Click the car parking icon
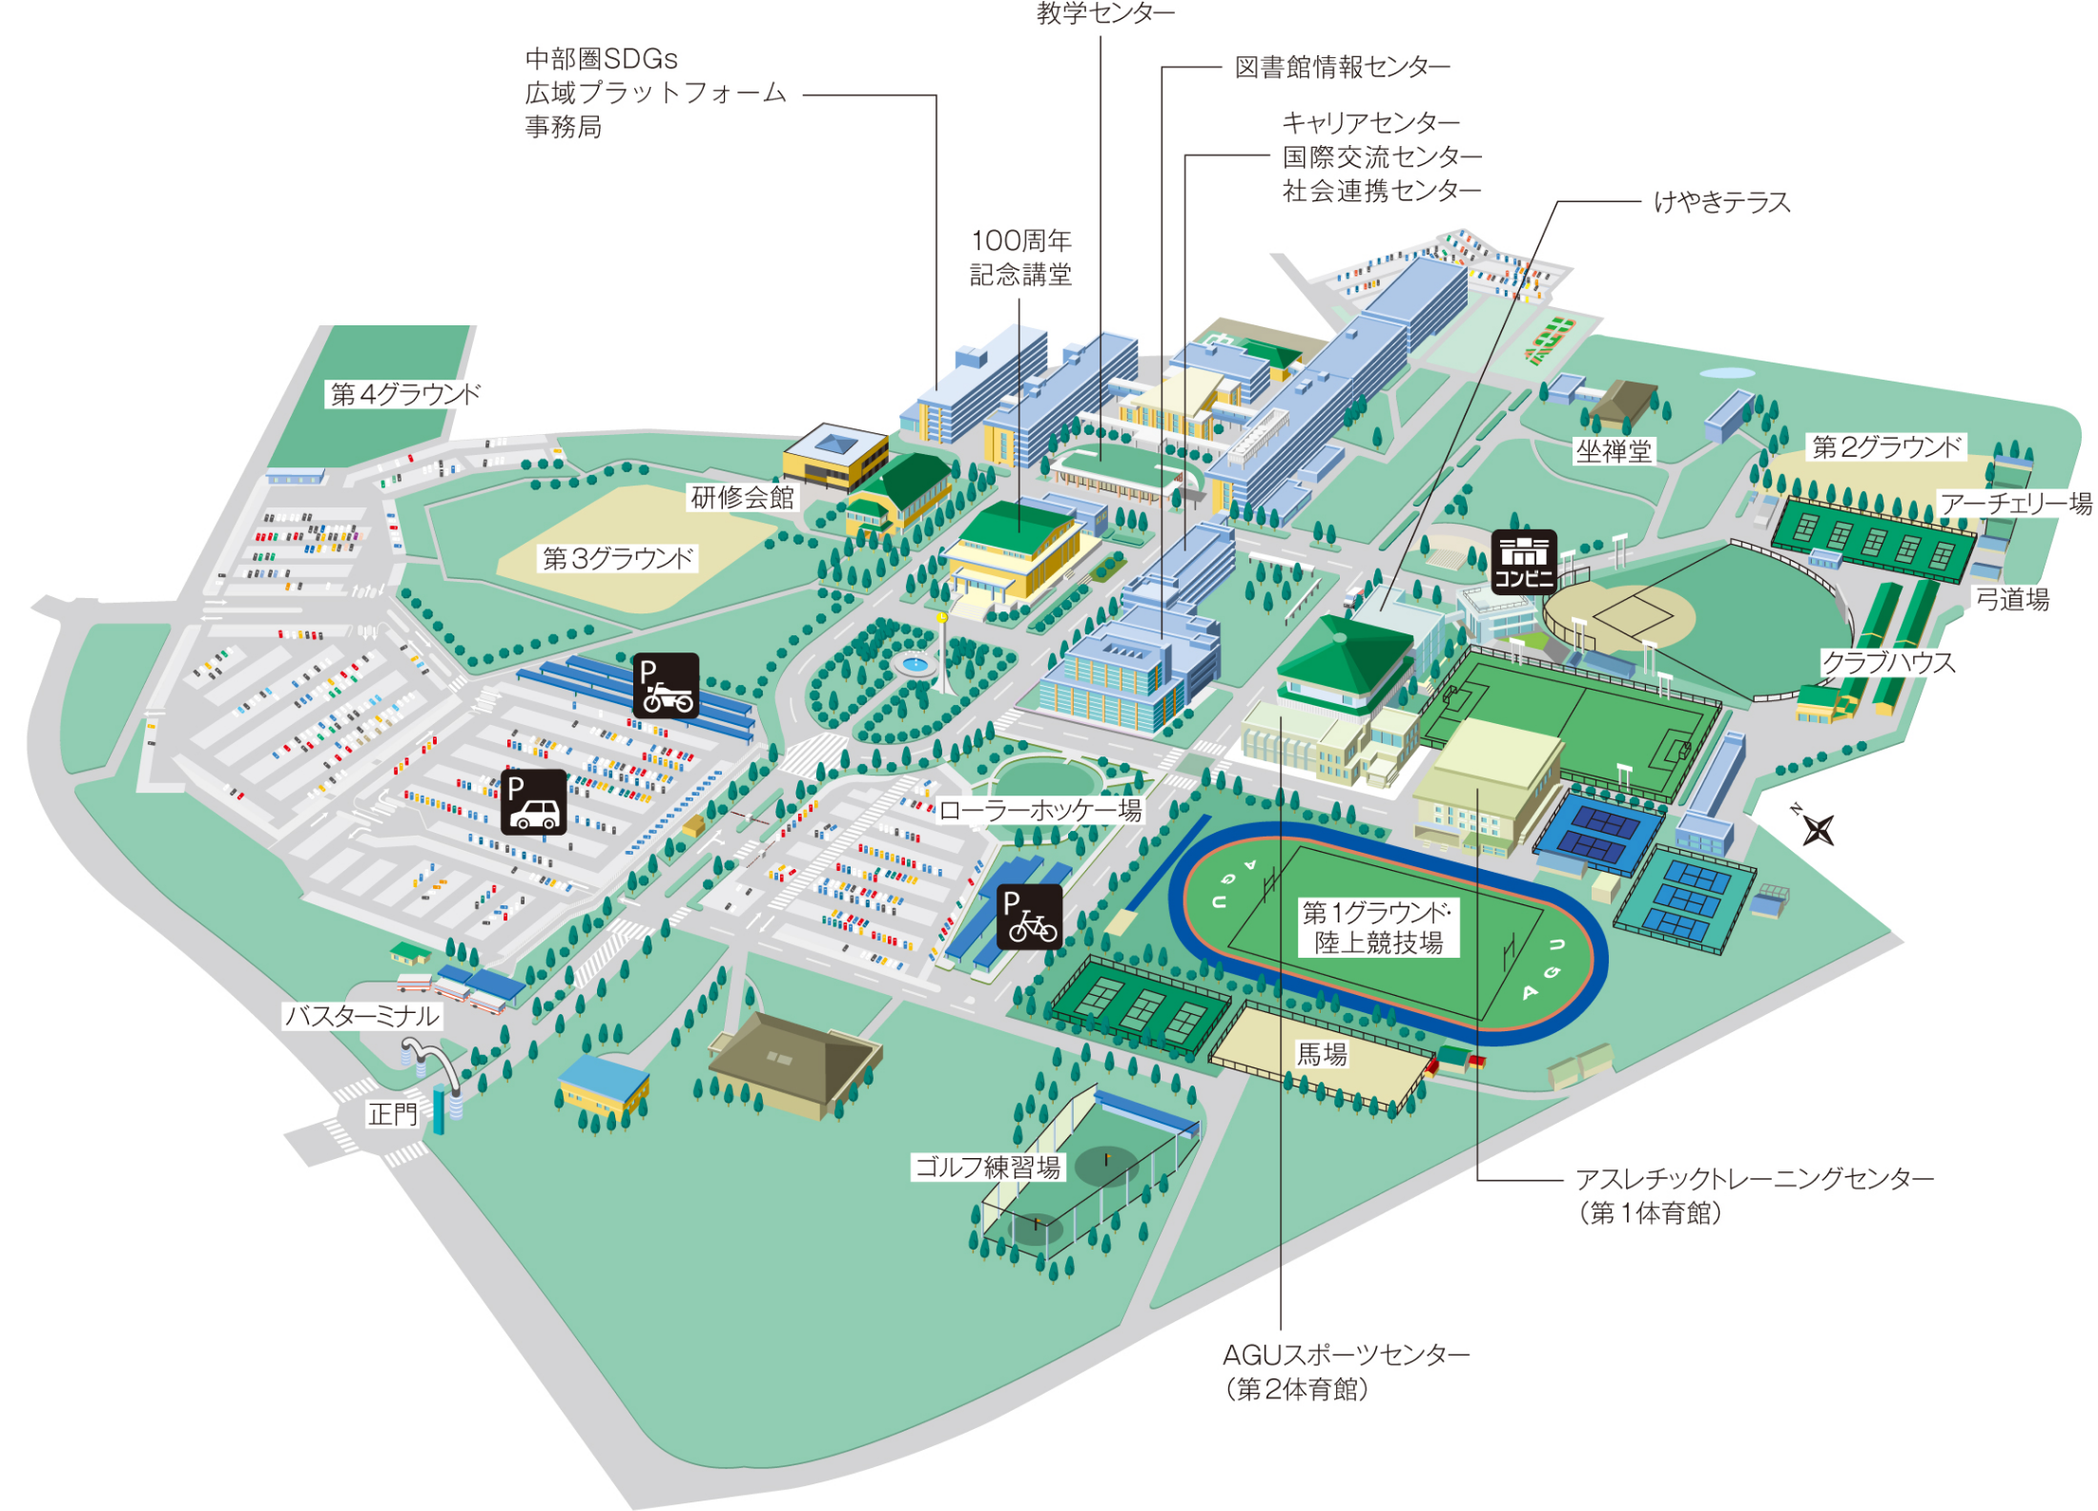[x=533, y=801]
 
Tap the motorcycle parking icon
[x=666, y=685]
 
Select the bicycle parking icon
[x=1029, y=916]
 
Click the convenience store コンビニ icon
[x=1523, y=562]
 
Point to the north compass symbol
[x=1817, y=828]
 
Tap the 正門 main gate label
[x=393, y=1113]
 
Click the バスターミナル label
[x=362, y=1016]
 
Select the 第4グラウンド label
[x=405, y=394]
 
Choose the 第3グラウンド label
[x=617, y=558]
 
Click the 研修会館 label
[x=742, y=497]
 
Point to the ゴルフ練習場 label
[x=987, y=1168]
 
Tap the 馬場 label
[x=1322, y=1054]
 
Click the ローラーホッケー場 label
[x=1040, y=811]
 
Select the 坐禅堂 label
[x=1613, y=451]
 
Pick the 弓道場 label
[x=2011, y=599]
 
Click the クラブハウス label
[x=1888, y=663]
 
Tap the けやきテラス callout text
[x=1721, y=202]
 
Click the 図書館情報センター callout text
[x=1342, y=68]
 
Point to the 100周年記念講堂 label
[x=1020, y=258]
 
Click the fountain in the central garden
[x=915, y=662]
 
